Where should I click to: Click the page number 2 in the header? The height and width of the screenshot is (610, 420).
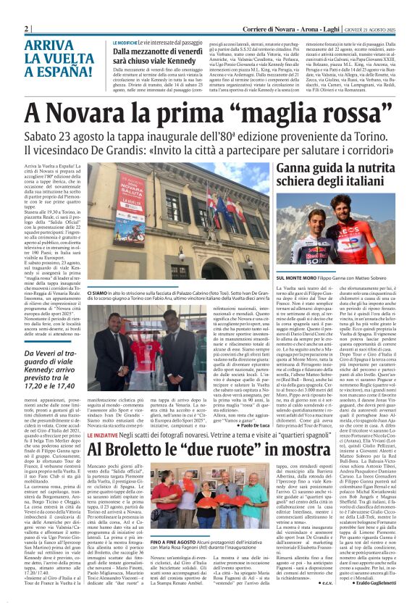(x=26, y=28)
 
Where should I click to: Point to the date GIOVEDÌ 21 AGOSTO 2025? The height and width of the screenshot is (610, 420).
(x=369, y=28)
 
